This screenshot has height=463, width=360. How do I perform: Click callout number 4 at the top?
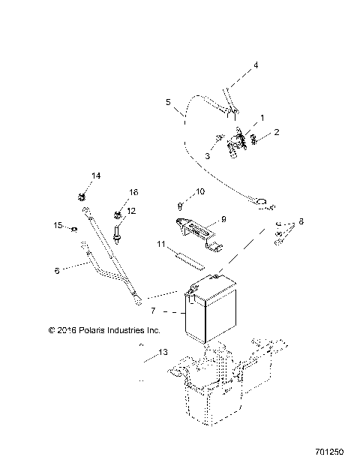[255, 65]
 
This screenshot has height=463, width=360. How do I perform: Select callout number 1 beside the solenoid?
[262, 119]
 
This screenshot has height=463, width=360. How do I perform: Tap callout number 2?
[276, 132]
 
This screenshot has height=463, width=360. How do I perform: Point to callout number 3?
[206, 155]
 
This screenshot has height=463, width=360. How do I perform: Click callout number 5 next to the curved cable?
[168, 101]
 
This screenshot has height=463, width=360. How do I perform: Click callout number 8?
[301, 222]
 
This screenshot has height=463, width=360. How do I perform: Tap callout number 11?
[160, 245]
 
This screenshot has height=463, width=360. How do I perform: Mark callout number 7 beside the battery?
[153, 310]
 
